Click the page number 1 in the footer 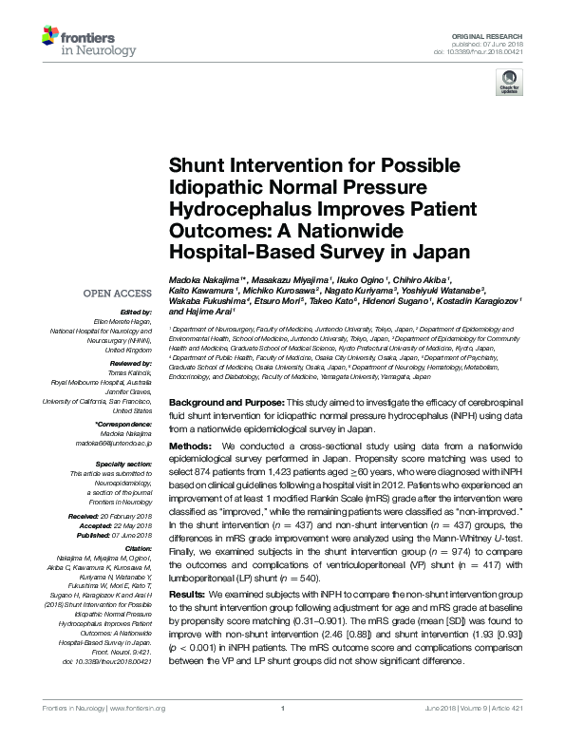tap(284, 733)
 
